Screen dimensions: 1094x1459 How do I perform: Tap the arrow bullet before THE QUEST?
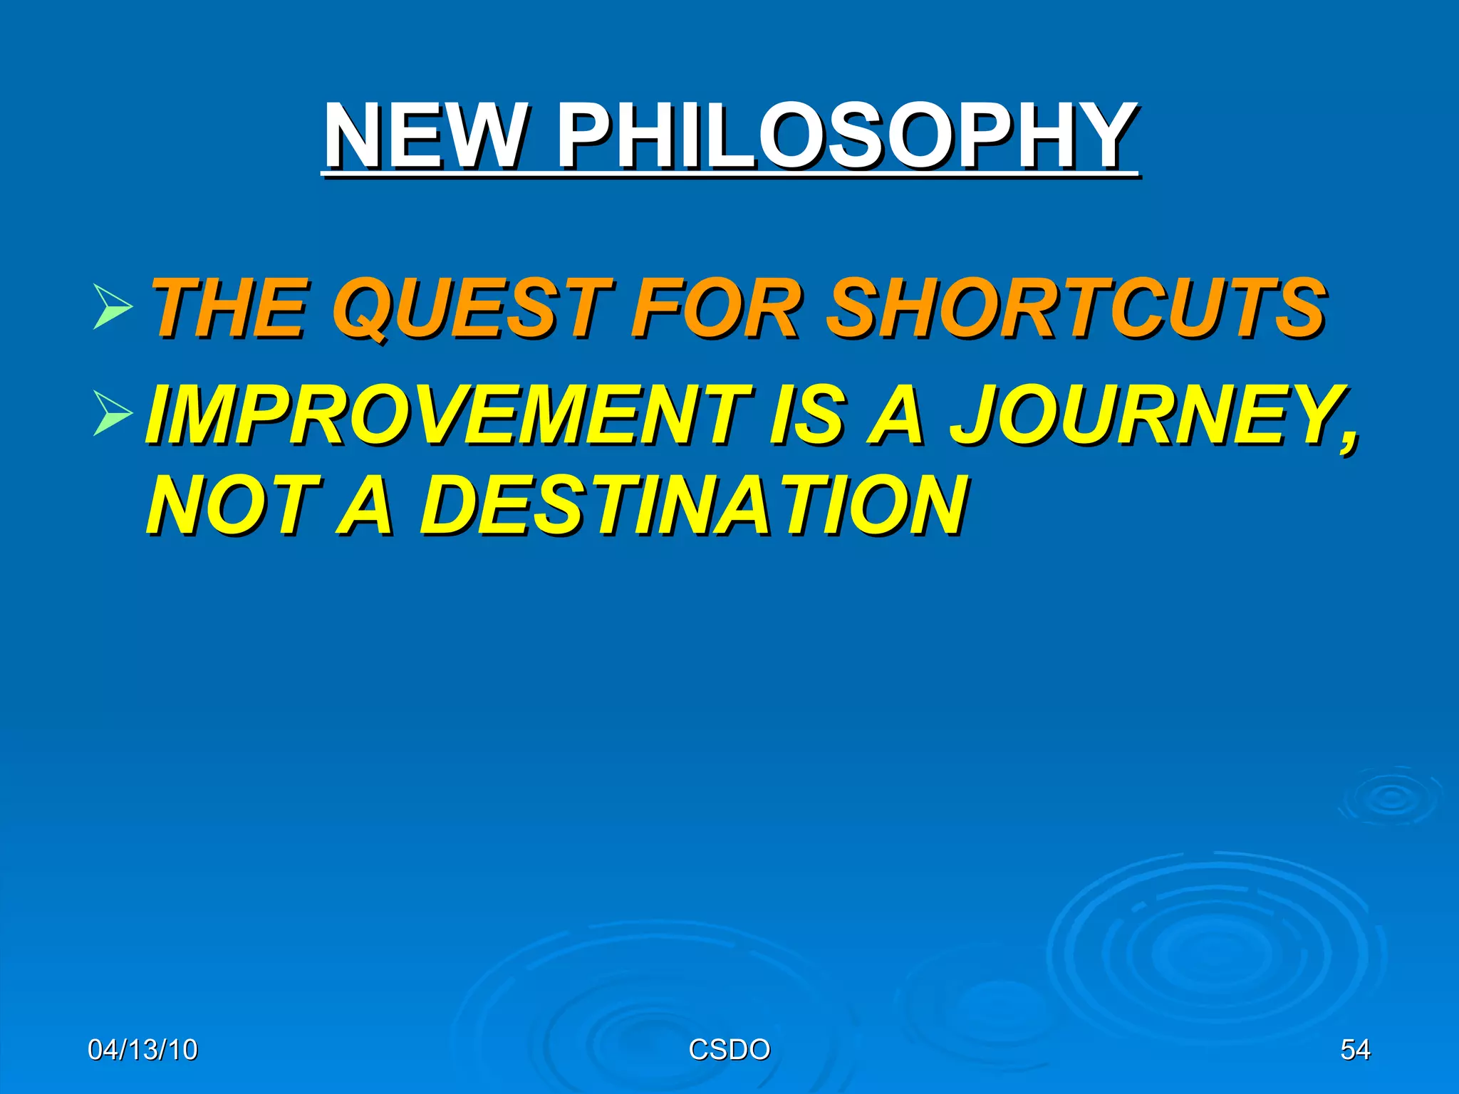(x=113, y=307)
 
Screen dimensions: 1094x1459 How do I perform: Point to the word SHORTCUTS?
(x=1076, y=308)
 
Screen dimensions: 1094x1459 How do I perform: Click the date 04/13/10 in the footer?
(x=142, y=1050)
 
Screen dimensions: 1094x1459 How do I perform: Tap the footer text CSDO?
(x=729, y=1050)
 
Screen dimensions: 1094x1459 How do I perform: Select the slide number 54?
(x=1355, y=1050)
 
